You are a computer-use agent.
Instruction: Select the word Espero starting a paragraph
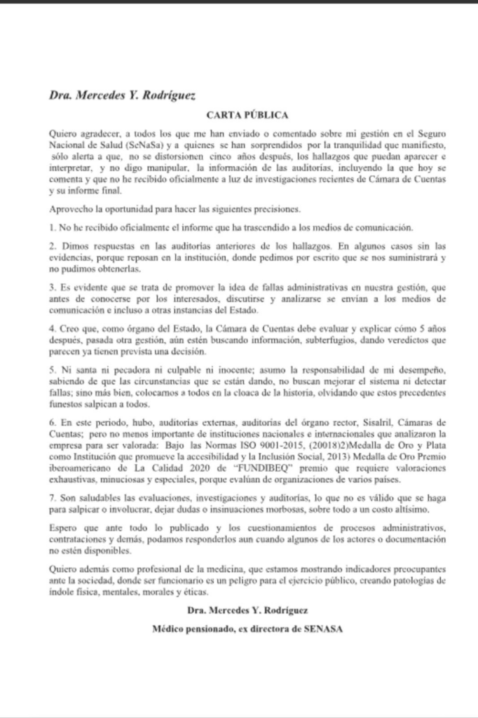pos(64,527)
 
